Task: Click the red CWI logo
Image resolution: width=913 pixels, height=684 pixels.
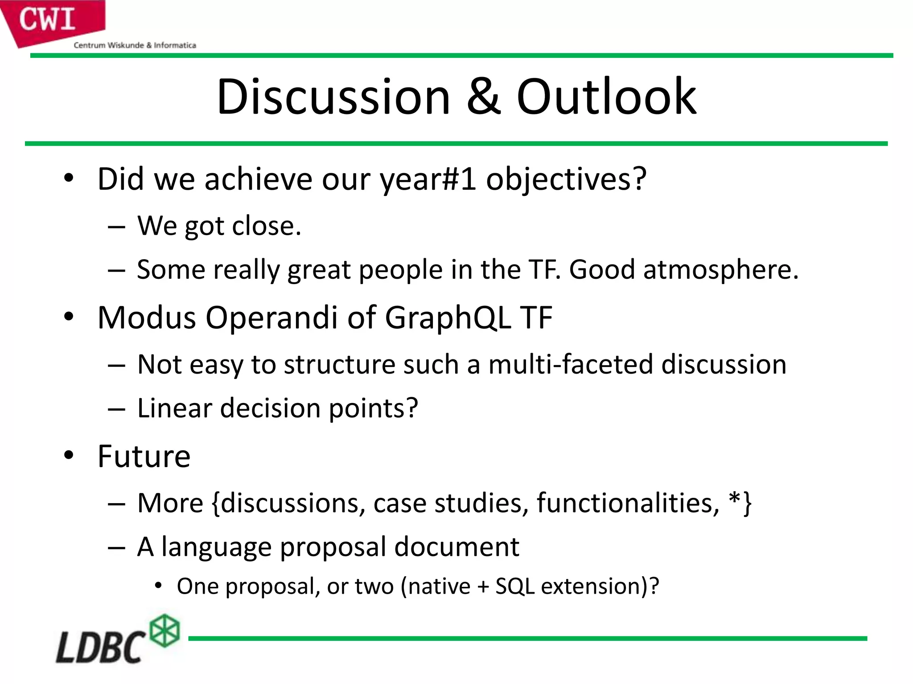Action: pos(49,20)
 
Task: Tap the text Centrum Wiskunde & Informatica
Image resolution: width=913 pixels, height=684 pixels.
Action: pos(135,45)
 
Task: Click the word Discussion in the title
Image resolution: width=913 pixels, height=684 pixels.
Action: pos(333,97)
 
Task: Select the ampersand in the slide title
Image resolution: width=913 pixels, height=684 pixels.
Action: pos(483,97)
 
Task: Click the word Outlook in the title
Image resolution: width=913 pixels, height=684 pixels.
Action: pos(606,97)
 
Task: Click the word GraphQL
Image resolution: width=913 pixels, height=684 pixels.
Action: pos(448,318)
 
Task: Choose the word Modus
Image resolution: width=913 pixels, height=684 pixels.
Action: pos(147,318)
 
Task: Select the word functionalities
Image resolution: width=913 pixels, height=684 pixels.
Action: pos(628,503)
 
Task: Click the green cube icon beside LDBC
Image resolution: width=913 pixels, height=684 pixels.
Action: pos(165,631)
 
